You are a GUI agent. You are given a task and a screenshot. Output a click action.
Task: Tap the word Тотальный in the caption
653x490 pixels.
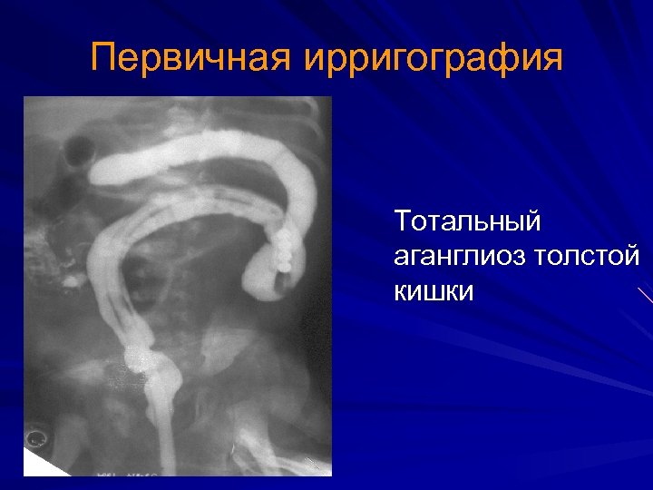click(x=467, y=220)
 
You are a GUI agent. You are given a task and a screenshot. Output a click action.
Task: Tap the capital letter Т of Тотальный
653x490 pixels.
click(x=402, y=220)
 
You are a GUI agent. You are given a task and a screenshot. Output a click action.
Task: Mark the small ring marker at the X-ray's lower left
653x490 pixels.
click(x=37, y=437)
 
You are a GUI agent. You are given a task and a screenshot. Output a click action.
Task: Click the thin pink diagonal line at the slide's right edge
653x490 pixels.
click(x=645, y=295)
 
